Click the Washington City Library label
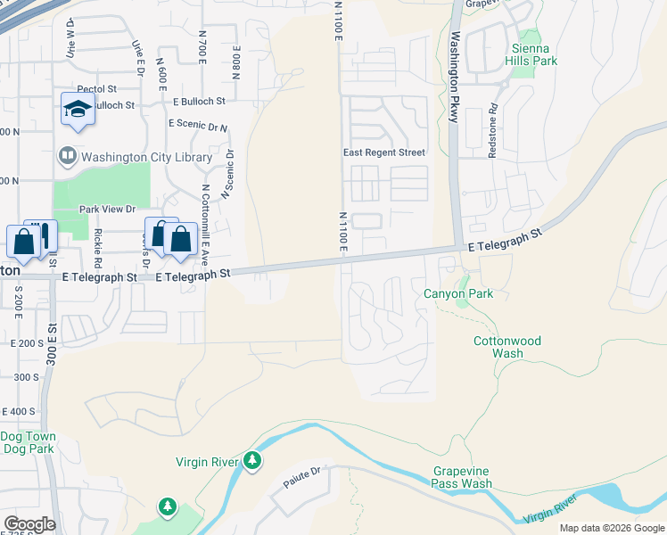click(x=146, y=158)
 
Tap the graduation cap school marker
click(x=78, y=110)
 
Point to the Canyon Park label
click(x=458, y=293)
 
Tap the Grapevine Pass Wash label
click(x=462, y=477)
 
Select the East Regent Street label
click(x=384, y=152)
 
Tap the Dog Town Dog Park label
click(x=28, y=442)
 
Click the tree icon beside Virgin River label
click(x=253, y=461)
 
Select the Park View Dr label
click(x=107, y=210)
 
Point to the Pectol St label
click(x=97, y=89)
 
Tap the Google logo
click(x=29, y=524)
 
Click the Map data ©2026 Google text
click(x=611, y=528)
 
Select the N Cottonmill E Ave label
click(x=204, y=220)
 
